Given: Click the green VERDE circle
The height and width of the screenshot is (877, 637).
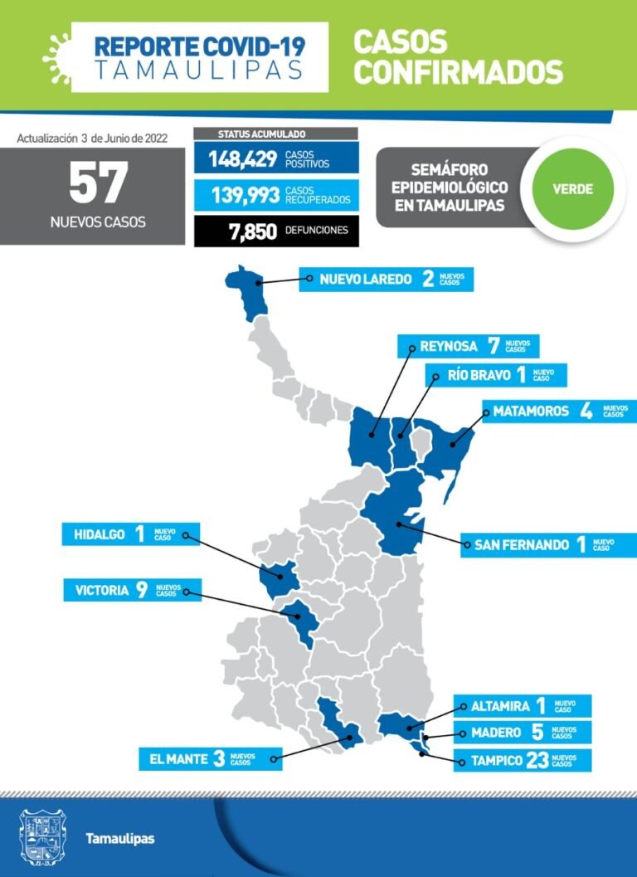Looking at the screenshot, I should point(573,188).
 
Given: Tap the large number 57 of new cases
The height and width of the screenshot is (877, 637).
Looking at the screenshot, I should point(98,183).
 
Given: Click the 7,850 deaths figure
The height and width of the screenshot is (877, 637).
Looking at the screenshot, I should point(253,231).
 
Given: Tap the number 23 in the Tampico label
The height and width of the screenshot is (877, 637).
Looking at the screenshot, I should point(537,760).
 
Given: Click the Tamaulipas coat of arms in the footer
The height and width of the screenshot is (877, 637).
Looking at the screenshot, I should point(42,838).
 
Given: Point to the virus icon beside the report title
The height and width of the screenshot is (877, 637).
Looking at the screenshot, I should point(56,49).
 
